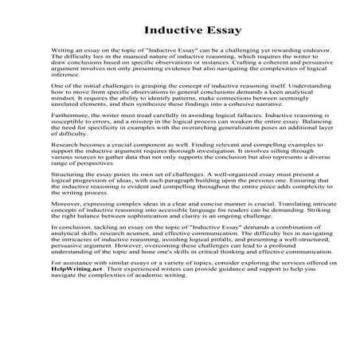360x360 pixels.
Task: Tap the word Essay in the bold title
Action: (214, 32)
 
